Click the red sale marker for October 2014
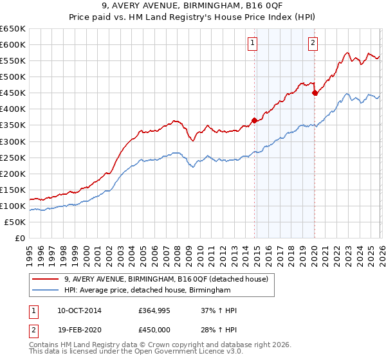click(254, 120)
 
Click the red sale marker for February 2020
click(315, 93)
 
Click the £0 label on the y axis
click(19, 238)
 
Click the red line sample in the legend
click(46, 279)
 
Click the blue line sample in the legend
click(46, 291)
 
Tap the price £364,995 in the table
click(153, 310)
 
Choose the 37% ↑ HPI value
click(219, 310)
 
